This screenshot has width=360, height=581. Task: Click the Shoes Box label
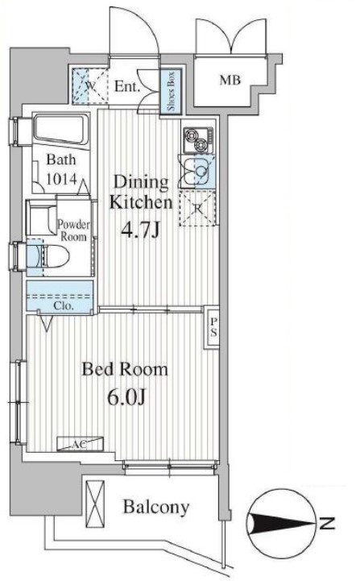[171, 91]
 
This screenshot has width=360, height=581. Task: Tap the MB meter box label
[230, 80]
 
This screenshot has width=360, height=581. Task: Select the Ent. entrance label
[127, 87]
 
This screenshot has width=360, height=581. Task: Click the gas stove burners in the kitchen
[198, 140]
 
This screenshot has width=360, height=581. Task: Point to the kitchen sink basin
[197, 172]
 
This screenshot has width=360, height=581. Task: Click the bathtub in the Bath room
[61, 129]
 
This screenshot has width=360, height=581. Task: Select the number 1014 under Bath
[61, 180]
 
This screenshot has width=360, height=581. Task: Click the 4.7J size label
[140, 230]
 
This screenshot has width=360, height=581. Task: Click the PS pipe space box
[213, 327]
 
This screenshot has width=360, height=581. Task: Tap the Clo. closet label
[64, 306]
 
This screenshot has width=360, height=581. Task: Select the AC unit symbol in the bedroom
[80, 443]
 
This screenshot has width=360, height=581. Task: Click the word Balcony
[156, 507]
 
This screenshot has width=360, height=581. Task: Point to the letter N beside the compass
[327, 524]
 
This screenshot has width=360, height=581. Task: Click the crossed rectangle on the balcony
[95, 504]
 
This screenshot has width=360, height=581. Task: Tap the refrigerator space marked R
[197, 208]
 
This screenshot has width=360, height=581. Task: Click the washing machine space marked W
[90, 85]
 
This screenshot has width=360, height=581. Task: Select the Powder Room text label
[73, 230]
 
